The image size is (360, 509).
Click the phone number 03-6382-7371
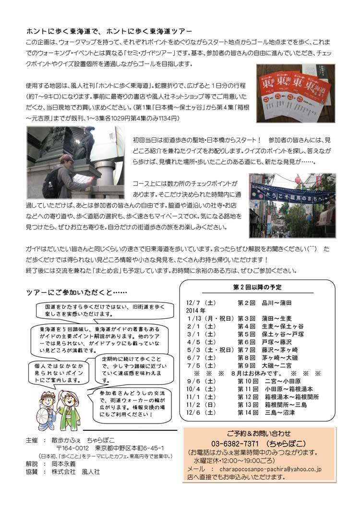pos(235,443)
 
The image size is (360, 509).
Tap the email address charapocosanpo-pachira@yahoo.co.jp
pos(270,469)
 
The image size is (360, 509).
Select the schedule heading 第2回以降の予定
pos(257,287)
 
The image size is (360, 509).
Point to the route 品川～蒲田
pos(277,303)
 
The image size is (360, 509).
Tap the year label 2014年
pos(196,311)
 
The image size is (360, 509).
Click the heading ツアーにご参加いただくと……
pos(77,292)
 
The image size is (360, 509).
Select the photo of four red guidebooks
pos(296,94)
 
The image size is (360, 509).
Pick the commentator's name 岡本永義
pos(64,464)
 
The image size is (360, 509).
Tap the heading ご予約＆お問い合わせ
pos(259,434)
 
